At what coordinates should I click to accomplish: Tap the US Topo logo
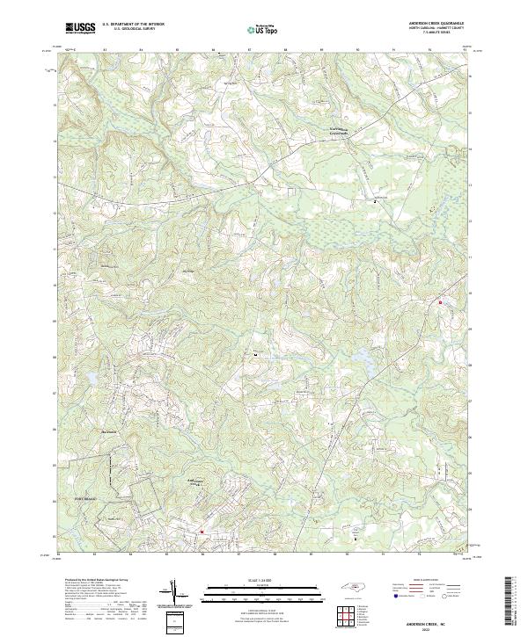coord(263,29)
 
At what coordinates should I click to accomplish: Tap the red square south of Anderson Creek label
coord(201,531)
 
